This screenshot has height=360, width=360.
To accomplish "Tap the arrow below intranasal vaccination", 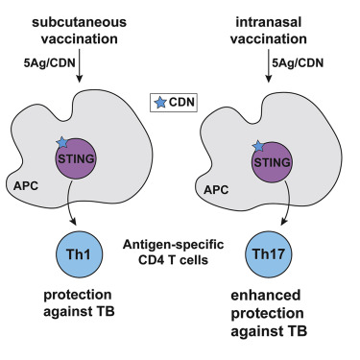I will pos(273,70).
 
